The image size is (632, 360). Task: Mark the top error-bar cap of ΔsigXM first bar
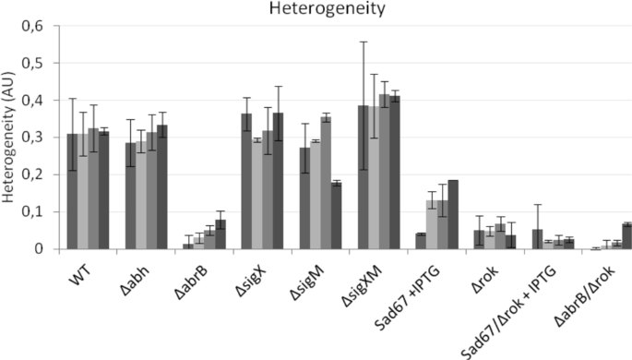(363, 42)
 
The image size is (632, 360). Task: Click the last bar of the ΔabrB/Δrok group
(626, 236)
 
